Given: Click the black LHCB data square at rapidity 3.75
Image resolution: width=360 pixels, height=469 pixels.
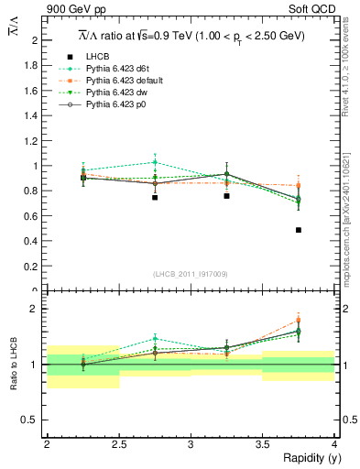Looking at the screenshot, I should point(299,230).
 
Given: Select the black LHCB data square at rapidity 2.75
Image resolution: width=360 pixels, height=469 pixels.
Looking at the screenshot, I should point(155,197).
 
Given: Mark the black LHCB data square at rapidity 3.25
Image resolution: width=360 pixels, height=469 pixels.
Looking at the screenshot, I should point(227,196).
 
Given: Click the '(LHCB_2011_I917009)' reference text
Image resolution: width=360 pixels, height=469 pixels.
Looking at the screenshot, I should point(191,274).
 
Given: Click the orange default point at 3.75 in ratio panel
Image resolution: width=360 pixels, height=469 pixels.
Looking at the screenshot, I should point(299,321).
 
